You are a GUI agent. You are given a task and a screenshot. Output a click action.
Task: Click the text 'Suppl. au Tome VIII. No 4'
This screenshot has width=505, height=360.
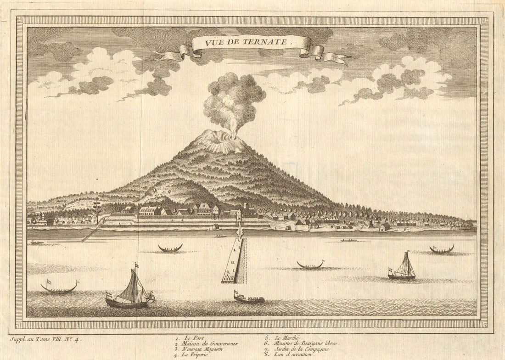click(x=45, y=340)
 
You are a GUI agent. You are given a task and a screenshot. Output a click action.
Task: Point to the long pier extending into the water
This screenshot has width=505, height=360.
click(x=236, y=262)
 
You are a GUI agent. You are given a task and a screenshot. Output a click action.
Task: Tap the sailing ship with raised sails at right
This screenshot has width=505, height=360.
click(x=403, y=269)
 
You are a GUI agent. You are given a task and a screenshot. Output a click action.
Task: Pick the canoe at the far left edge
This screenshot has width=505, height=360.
click(x=59, y=288)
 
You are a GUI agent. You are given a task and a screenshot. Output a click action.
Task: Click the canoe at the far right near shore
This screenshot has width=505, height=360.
click(x=442, y=250)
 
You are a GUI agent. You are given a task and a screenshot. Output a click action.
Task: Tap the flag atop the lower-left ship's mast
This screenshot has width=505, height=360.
click(x=136, y=265)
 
